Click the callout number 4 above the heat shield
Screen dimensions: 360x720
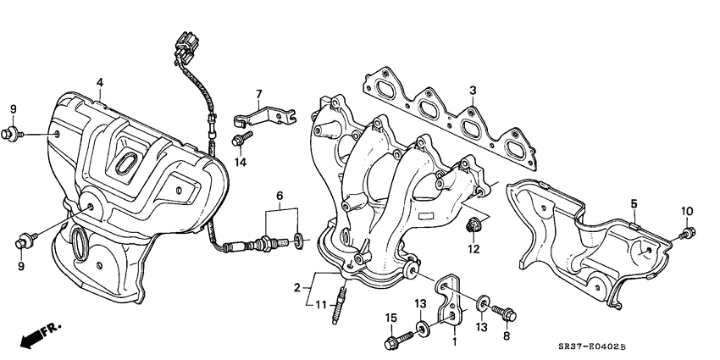point(99,82)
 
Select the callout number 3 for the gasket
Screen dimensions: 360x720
point(474,91)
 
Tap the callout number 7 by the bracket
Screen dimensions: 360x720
point(259,93)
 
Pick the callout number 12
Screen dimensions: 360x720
point(474,249)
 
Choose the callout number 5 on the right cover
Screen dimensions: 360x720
point(634,202)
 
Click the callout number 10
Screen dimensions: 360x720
point(686,211)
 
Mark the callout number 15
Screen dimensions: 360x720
point(390,318)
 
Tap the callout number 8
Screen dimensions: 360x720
point(507,336)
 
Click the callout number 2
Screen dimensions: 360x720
point(297,288)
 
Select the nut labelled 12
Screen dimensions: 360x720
point(473,226)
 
